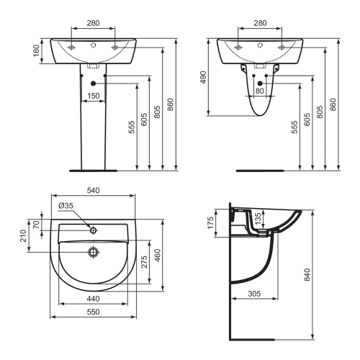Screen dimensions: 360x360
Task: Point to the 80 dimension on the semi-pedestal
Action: click(x=259, y=91)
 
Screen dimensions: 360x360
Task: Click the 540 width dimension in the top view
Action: click(x=94, y=191)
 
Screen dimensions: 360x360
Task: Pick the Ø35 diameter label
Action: click(x=66, y=206)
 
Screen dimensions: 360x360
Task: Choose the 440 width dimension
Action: click(x=94, y=298)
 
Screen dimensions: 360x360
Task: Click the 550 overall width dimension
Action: click(x=94, y=312)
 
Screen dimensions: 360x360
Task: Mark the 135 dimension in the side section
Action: click(x=258, y=217)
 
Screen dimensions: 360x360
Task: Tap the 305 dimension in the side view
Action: click(x=252, y=294)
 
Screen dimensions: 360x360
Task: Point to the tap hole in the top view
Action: click(x=93, y=230)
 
